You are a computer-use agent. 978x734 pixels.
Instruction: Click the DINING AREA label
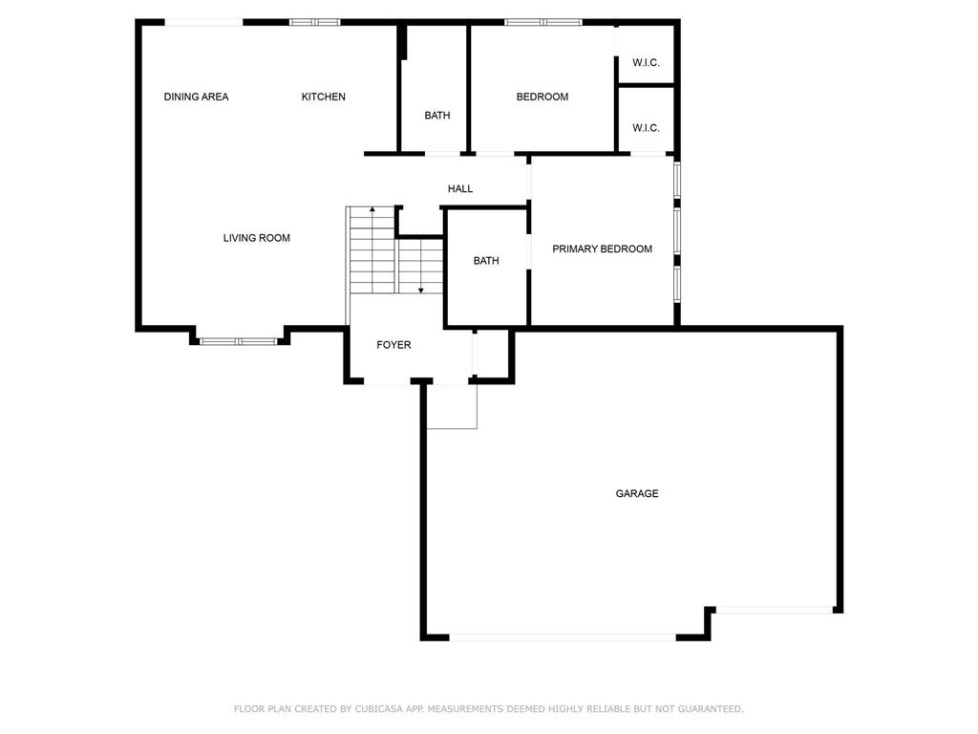pos(196,97)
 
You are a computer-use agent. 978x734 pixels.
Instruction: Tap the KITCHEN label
pos(323,97)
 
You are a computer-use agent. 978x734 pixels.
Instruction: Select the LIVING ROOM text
pos(256,238)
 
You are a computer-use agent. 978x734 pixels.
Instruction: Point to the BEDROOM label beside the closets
pos(542,97)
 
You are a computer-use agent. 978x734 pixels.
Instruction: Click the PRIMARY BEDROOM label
pos(602,249)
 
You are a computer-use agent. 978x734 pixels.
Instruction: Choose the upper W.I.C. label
pos(646,62)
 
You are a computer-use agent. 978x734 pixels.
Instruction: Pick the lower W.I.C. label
pos(646,128)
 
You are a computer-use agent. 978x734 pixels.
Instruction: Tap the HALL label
pos(460,188)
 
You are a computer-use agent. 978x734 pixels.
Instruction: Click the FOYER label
pos(393,344)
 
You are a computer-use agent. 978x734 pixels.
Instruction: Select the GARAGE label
pos(637,494)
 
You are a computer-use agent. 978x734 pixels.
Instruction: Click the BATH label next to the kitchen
pos(436,116)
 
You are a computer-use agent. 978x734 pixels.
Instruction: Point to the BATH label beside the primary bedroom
pos(486,261)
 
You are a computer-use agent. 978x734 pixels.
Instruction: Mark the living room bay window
pos(239,341)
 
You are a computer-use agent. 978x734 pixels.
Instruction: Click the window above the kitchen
pos(315,23)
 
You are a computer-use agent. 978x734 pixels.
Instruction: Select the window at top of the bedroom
pos(543,23)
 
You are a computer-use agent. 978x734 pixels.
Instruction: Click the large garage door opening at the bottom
pos(563,637)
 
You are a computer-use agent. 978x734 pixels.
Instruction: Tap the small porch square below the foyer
pos(452,406)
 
